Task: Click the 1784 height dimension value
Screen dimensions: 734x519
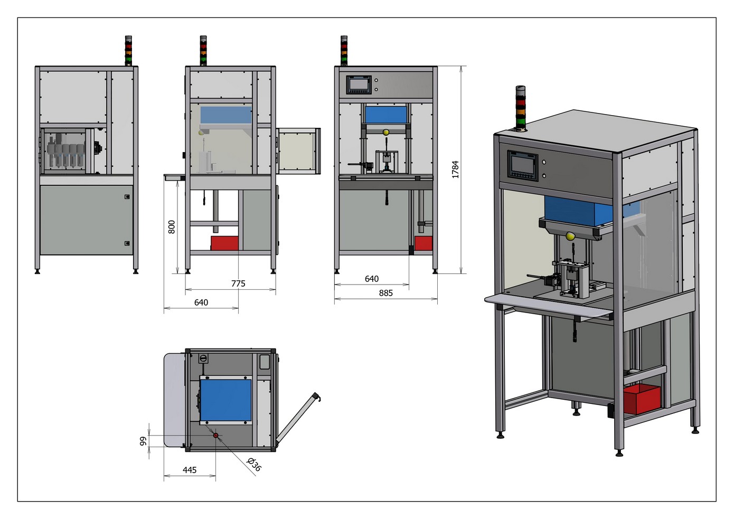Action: pyautogui.click(x=455, y=169)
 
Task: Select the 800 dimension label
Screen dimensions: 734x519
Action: pyautogui.click(x=172, y=227)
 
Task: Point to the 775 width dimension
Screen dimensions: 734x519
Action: pyautogui.click(x=238, y=284)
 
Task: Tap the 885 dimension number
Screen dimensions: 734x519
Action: pyautogui.click(x=385, y=293)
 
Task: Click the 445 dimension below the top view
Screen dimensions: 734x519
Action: pyautogui.click(x=190, y=470)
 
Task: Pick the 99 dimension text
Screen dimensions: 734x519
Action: pyautogui.click(x=143, y=441)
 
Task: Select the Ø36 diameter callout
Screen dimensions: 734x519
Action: pyautogui.click(x=254, y=464)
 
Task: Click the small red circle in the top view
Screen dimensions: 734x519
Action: pyautogui.click(x=215, y=436)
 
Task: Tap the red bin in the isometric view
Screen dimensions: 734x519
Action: pyautogui.click(x=642, y=399)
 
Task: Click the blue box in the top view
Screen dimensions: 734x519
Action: pyautogui.click(x=226, y=400)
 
